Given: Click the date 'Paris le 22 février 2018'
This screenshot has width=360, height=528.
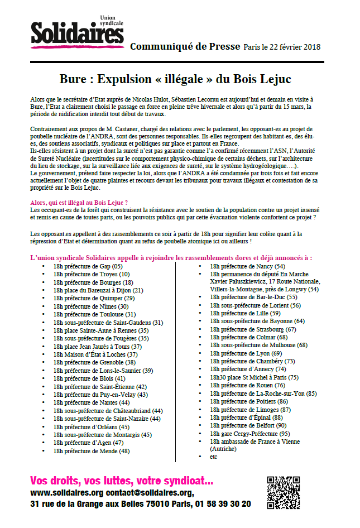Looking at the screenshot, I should (282, 47).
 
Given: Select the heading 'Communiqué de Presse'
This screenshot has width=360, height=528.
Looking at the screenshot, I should (184, 47).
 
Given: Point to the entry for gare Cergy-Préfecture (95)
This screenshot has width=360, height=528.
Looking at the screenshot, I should (249, 434).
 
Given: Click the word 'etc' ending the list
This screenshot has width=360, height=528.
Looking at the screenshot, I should (214, 457).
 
